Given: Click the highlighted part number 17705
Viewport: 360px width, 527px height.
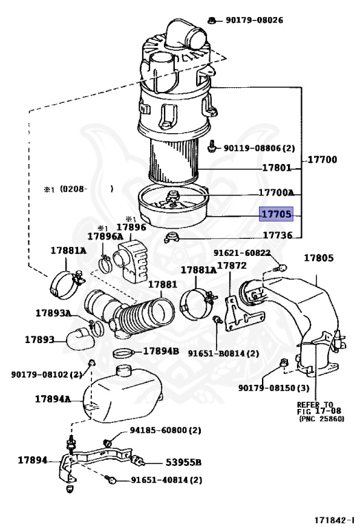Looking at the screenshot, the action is pyautogui.click(x=276, y=214).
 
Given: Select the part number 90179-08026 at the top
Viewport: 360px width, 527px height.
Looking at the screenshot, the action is pyautogui.click(x=254, y=20).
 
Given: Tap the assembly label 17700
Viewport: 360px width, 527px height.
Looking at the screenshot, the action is pyautogui.click(x=322, y=159).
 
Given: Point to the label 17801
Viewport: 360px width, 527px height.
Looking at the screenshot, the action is pyautogui.click(x=276, y=167).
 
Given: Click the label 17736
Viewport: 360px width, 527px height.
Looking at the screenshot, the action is pyautogui.click(x=278, y=235).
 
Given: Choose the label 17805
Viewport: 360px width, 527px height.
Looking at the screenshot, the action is pyautogui.click(x=319, y=258).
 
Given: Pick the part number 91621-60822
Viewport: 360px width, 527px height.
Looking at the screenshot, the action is pyautogui.click(x=242, y=253).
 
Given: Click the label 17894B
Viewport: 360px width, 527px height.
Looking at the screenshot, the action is pyautogui.click(x=161, y=351).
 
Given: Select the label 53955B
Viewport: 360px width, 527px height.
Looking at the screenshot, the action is pyautogui.click(x=183, y=462).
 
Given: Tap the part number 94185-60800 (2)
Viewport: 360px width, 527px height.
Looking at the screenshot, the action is pyautogui.click(x=165, y=430).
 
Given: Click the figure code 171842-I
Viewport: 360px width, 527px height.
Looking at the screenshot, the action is pyautogui.click(x=334, y=519).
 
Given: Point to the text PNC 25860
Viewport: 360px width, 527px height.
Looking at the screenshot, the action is pyautogui.click(x=322, y=419).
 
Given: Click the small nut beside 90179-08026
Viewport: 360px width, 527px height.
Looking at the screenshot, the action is pyautogui.click(x=212, y=21).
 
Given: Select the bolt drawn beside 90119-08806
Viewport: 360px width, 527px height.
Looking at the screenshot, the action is pyautogui.click(x=213, y=146).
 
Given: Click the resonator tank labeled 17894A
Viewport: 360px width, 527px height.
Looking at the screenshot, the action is pyautogui.click(x=122, y=394).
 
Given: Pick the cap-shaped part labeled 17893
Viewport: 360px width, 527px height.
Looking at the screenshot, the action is pyautogui.click(x=81, y=339).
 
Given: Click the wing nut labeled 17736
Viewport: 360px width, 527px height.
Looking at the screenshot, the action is pyautogui.click(x=171, y=237).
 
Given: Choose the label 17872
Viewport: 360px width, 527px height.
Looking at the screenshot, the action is pyautogui.click(x=232, y=266).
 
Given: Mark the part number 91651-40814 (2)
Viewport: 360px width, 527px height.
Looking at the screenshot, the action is pyautogui.click(x=167, y=480).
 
